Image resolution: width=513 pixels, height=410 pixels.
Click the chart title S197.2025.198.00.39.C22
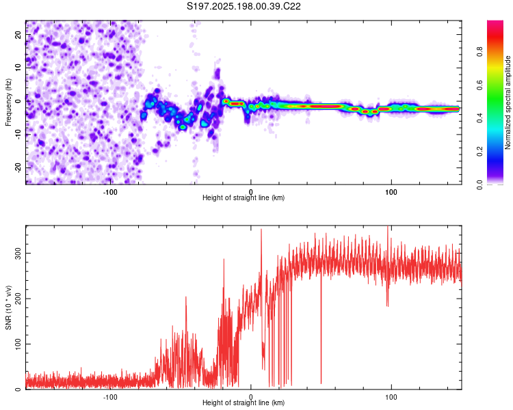click(x=244, y=6)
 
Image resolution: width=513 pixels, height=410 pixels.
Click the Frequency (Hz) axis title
click(x=8, y=102)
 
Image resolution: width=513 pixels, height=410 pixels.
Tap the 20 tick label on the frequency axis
click(x=18, y=35)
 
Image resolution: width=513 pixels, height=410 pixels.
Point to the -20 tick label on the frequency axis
click(x=18, y=167)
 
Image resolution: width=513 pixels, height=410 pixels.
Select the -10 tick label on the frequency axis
click(x=18, y=135)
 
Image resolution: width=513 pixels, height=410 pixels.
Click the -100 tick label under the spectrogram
click(x=110, y=192)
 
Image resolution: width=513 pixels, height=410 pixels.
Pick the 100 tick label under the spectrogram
click(x=391, y=192)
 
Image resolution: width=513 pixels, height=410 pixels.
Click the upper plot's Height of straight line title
click(x=244, y=197)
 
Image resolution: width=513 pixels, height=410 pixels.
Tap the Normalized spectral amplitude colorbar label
click(x=508, y=102)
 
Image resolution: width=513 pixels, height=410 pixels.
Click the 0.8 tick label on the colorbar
click(x=479, y=52)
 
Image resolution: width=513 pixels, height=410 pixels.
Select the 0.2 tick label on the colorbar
click(x=479, y=152)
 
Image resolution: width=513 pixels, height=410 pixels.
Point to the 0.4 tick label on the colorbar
click(x=479, y=118)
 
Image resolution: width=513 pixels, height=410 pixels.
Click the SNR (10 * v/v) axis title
click(x=8, y=307)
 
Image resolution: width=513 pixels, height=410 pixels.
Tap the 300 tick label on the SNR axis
click(x=18, y=253)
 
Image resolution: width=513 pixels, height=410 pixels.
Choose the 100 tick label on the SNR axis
click(x=18, y=344)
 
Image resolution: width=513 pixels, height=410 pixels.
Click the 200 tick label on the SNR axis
click(x=18, y=299)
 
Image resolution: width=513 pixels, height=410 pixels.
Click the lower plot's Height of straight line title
click(x=244, y=402)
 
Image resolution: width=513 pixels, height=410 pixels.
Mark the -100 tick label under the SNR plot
click(x=110, y=397)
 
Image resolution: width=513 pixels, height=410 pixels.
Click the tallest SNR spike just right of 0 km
click(x=261, y=230)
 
